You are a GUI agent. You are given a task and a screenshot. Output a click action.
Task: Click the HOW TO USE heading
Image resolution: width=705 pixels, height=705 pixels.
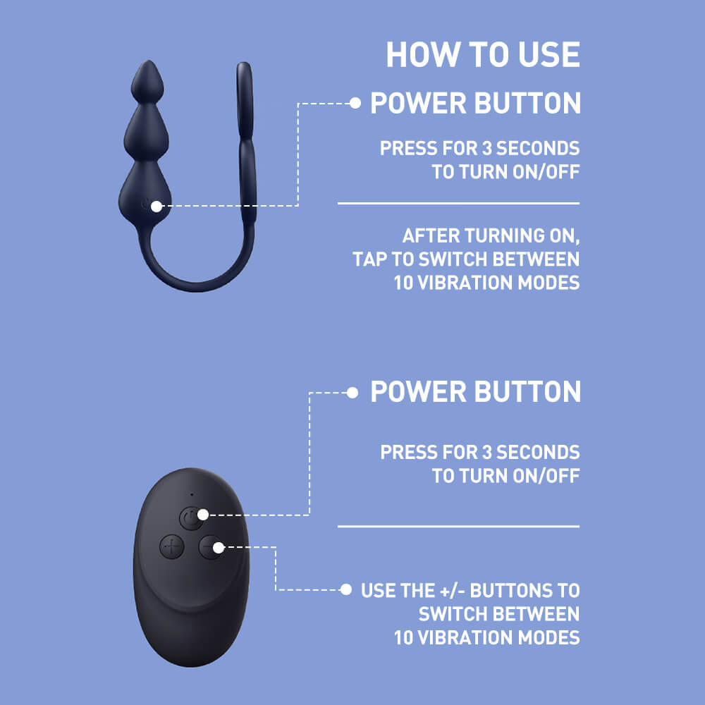click(483, 54)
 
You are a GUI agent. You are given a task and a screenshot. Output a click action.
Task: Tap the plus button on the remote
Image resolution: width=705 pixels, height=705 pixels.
click(172, 547)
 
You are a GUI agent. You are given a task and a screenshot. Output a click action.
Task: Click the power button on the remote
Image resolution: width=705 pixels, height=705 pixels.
click(191, 518)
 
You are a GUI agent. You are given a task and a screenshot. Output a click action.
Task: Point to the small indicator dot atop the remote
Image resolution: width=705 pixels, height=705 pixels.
click(192, 495)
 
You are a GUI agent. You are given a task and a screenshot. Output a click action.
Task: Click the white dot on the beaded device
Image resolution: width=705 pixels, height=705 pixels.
click(156, 207)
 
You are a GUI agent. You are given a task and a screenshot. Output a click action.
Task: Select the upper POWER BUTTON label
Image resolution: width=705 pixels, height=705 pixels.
click(475, 103)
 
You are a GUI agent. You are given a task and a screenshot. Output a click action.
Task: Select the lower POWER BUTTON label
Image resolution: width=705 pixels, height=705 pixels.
click(475, 391)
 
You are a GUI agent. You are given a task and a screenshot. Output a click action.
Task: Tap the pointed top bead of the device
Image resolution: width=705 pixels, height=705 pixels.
click(147, 81)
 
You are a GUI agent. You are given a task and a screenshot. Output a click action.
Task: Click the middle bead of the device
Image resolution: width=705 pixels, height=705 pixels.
click(146, 132)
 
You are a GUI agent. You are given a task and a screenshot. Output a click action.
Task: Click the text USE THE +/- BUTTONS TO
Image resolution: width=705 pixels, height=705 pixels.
click(470, 590)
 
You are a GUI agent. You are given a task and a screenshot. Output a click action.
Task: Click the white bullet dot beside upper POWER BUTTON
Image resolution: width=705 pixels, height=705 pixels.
click(355, 104)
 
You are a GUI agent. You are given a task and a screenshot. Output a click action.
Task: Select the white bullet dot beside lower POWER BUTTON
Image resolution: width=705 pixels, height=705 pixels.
click(352, 393)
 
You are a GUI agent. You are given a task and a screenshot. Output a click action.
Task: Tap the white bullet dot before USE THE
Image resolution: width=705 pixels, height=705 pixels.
click(345, 589)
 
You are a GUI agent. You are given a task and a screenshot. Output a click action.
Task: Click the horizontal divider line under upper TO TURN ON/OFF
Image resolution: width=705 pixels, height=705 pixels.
click(459, 203)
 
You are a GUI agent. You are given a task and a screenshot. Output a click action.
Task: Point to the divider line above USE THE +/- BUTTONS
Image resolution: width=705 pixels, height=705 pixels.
click(459, 526)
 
